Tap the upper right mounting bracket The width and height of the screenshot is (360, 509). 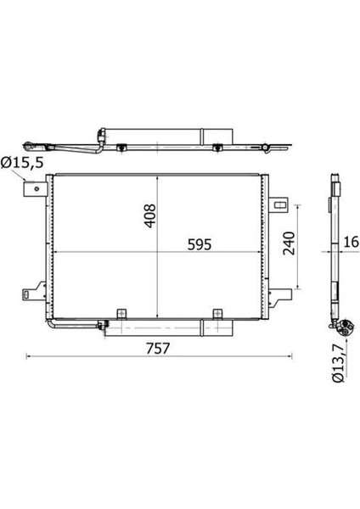click(x=280, y=204)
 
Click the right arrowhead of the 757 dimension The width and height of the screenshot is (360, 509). click(x=289, y=356)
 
